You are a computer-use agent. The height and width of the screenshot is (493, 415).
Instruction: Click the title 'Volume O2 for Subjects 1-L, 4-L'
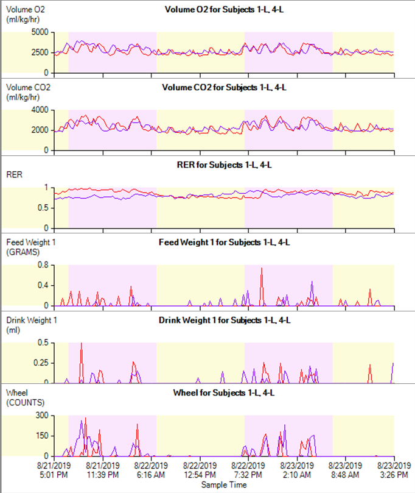coord(225,9)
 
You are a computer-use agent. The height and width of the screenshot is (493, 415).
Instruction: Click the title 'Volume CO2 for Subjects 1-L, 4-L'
coord(225,87)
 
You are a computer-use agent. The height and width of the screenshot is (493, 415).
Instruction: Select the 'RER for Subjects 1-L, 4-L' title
coord(225,164)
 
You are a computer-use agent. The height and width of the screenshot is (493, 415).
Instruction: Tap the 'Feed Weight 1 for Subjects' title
coord(225,242)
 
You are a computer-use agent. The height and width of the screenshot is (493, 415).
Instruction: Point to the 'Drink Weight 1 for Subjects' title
coord(225,320)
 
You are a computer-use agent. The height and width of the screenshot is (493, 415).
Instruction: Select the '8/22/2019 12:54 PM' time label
coord(200,470)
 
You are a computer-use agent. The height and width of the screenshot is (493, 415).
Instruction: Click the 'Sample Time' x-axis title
coord(225,485)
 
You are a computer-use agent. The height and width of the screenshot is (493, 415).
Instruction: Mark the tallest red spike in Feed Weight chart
coord(262,269)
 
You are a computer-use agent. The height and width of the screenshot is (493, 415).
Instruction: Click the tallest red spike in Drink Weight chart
coord(82,344)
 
